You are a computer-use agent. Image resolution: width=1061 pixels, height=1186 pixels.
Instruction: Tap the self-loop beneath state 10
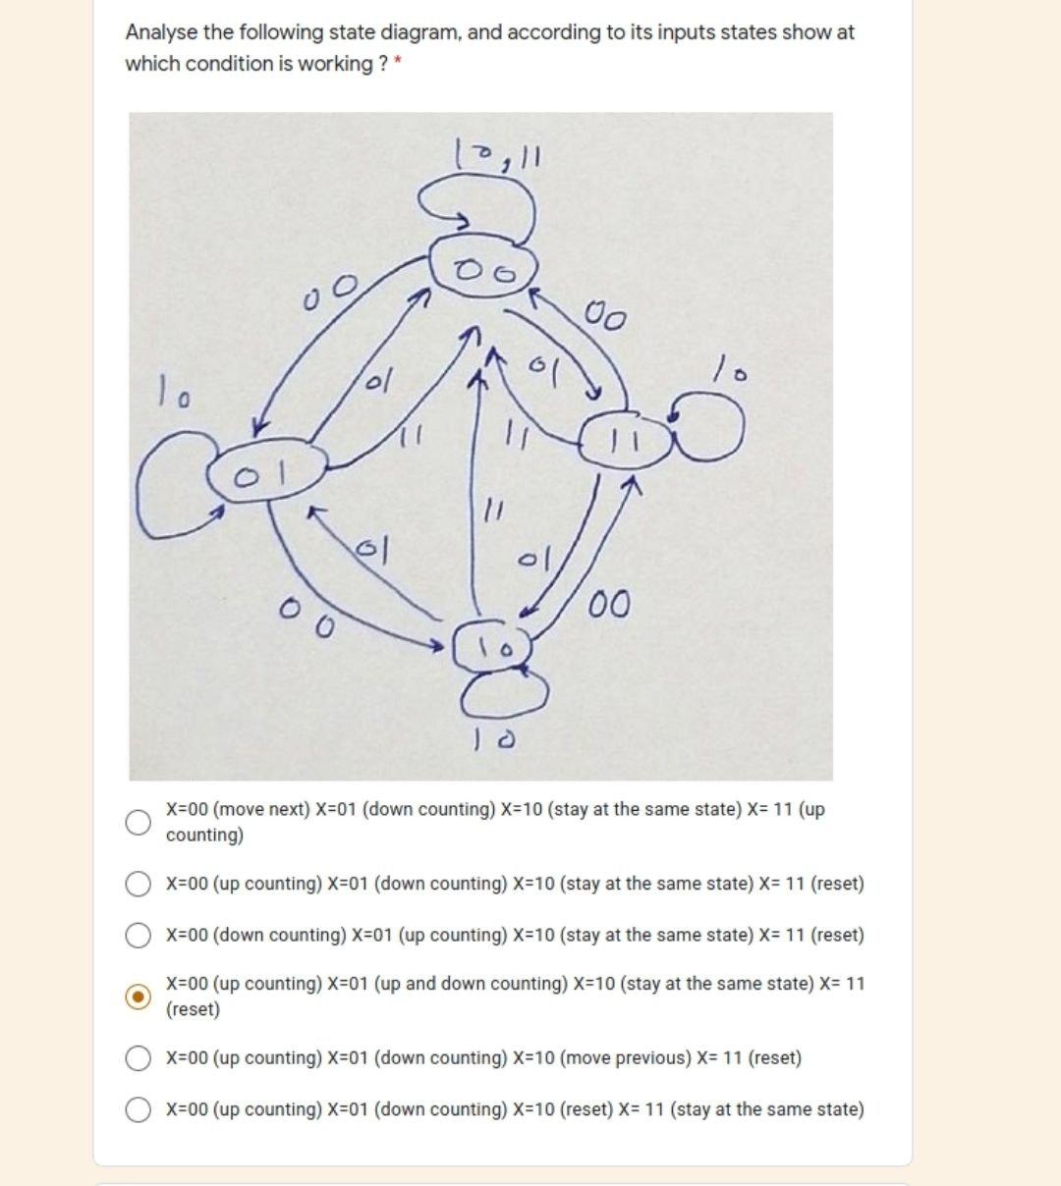pyautogui.click(x=505, y=694)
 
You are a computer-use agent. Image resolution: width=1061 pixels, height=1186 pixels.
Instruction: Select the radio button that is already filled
pyautogui.click(x=140, y=996)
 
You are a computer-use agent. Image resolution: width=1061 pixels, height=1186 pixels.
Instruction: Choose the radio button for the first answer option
pyautogui.click(x=140, y=822)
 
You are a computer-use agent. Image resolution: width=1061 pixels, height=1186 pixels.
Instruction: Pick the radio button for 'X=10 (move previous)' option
pyautogui.click(x=140, y=1057)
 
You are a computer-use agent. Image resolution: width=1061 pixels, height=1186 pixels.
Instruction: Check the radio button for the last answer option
pyautogui.click(x=140, y=1108)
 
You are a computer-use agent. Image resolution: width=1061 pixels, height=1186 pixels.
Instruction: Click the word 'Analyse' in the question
pyautogui.click(x=161, y=32)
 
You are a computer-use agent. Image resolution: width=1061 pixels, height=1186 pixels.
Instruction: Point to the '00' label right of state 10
pyautogui.click(x=610, y=604)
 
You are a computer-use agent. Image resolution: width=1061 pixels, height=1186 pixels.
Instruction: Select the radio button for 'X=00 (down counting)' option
pyautogui.click(x=140, y=935)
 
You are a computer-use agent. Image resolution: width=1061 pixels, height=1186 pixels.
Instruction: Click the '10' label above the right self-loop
pyautogui.click(x=729, y=373)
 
